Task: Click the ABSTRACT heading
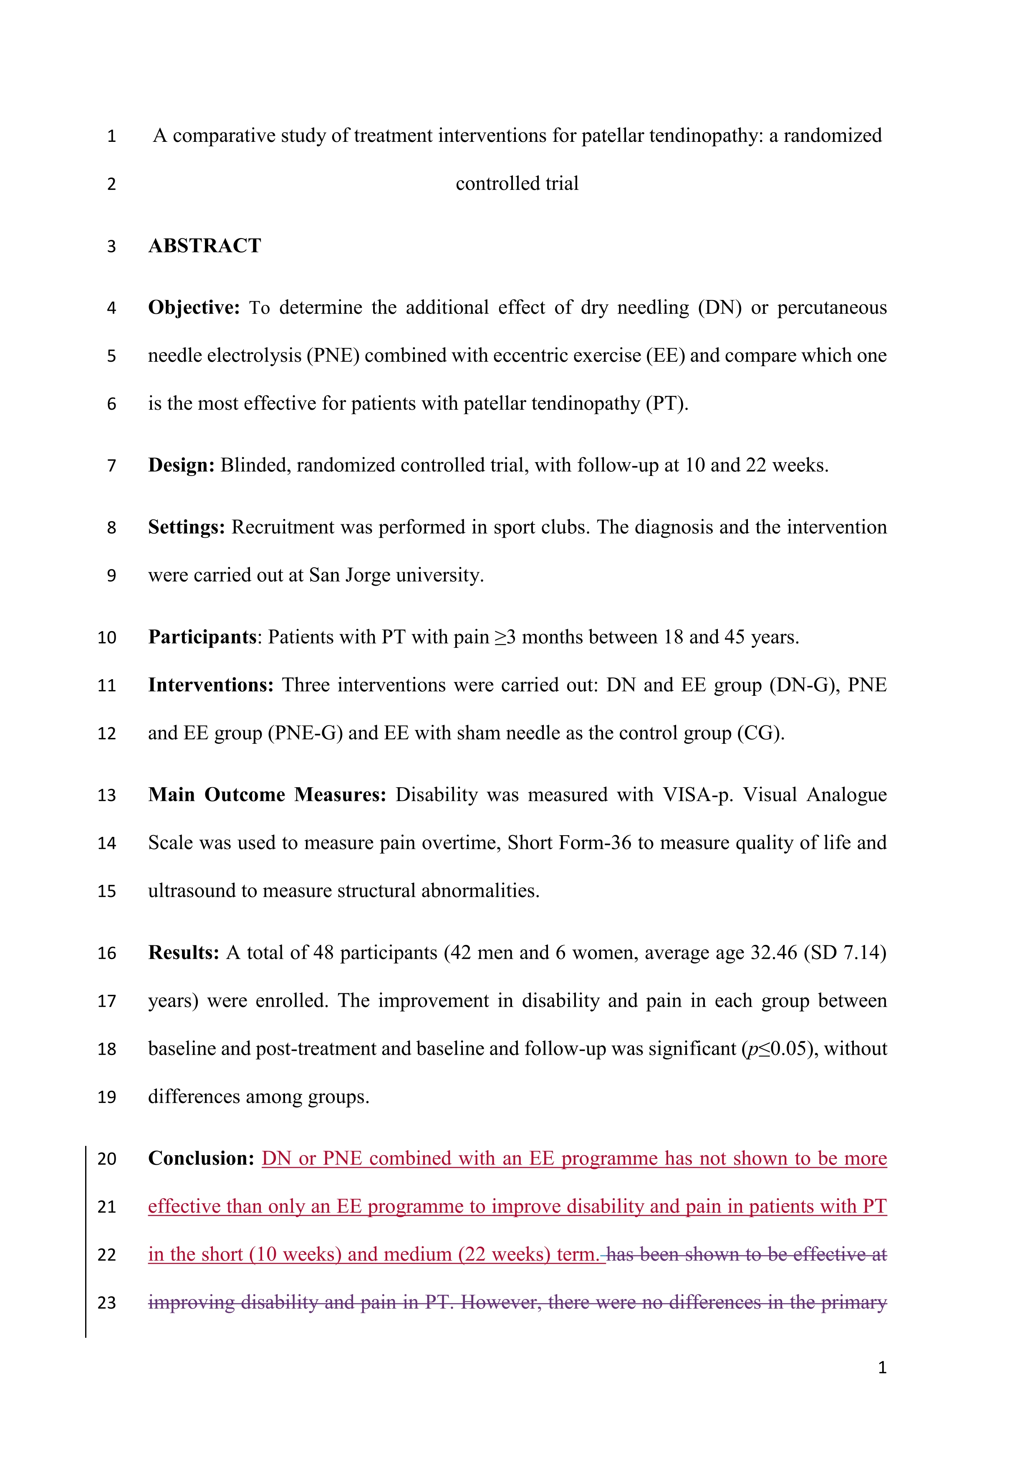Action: [x=204, y=246]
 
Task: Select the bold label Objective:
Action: [x=194, y=308]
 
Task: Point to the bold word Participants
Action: [x=202, y=637]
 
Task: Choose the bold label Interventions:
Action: [x=210, y=685]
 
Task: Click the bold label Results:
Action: [x=184, y=953]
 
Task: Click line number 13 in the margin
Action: [x=106, y=795]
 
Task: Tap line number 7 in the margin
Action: [x=111, y=466]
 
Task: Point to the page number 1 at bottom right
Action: [x=882, y=1368]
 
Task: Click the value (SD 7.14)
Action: [x=845, y=953]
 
